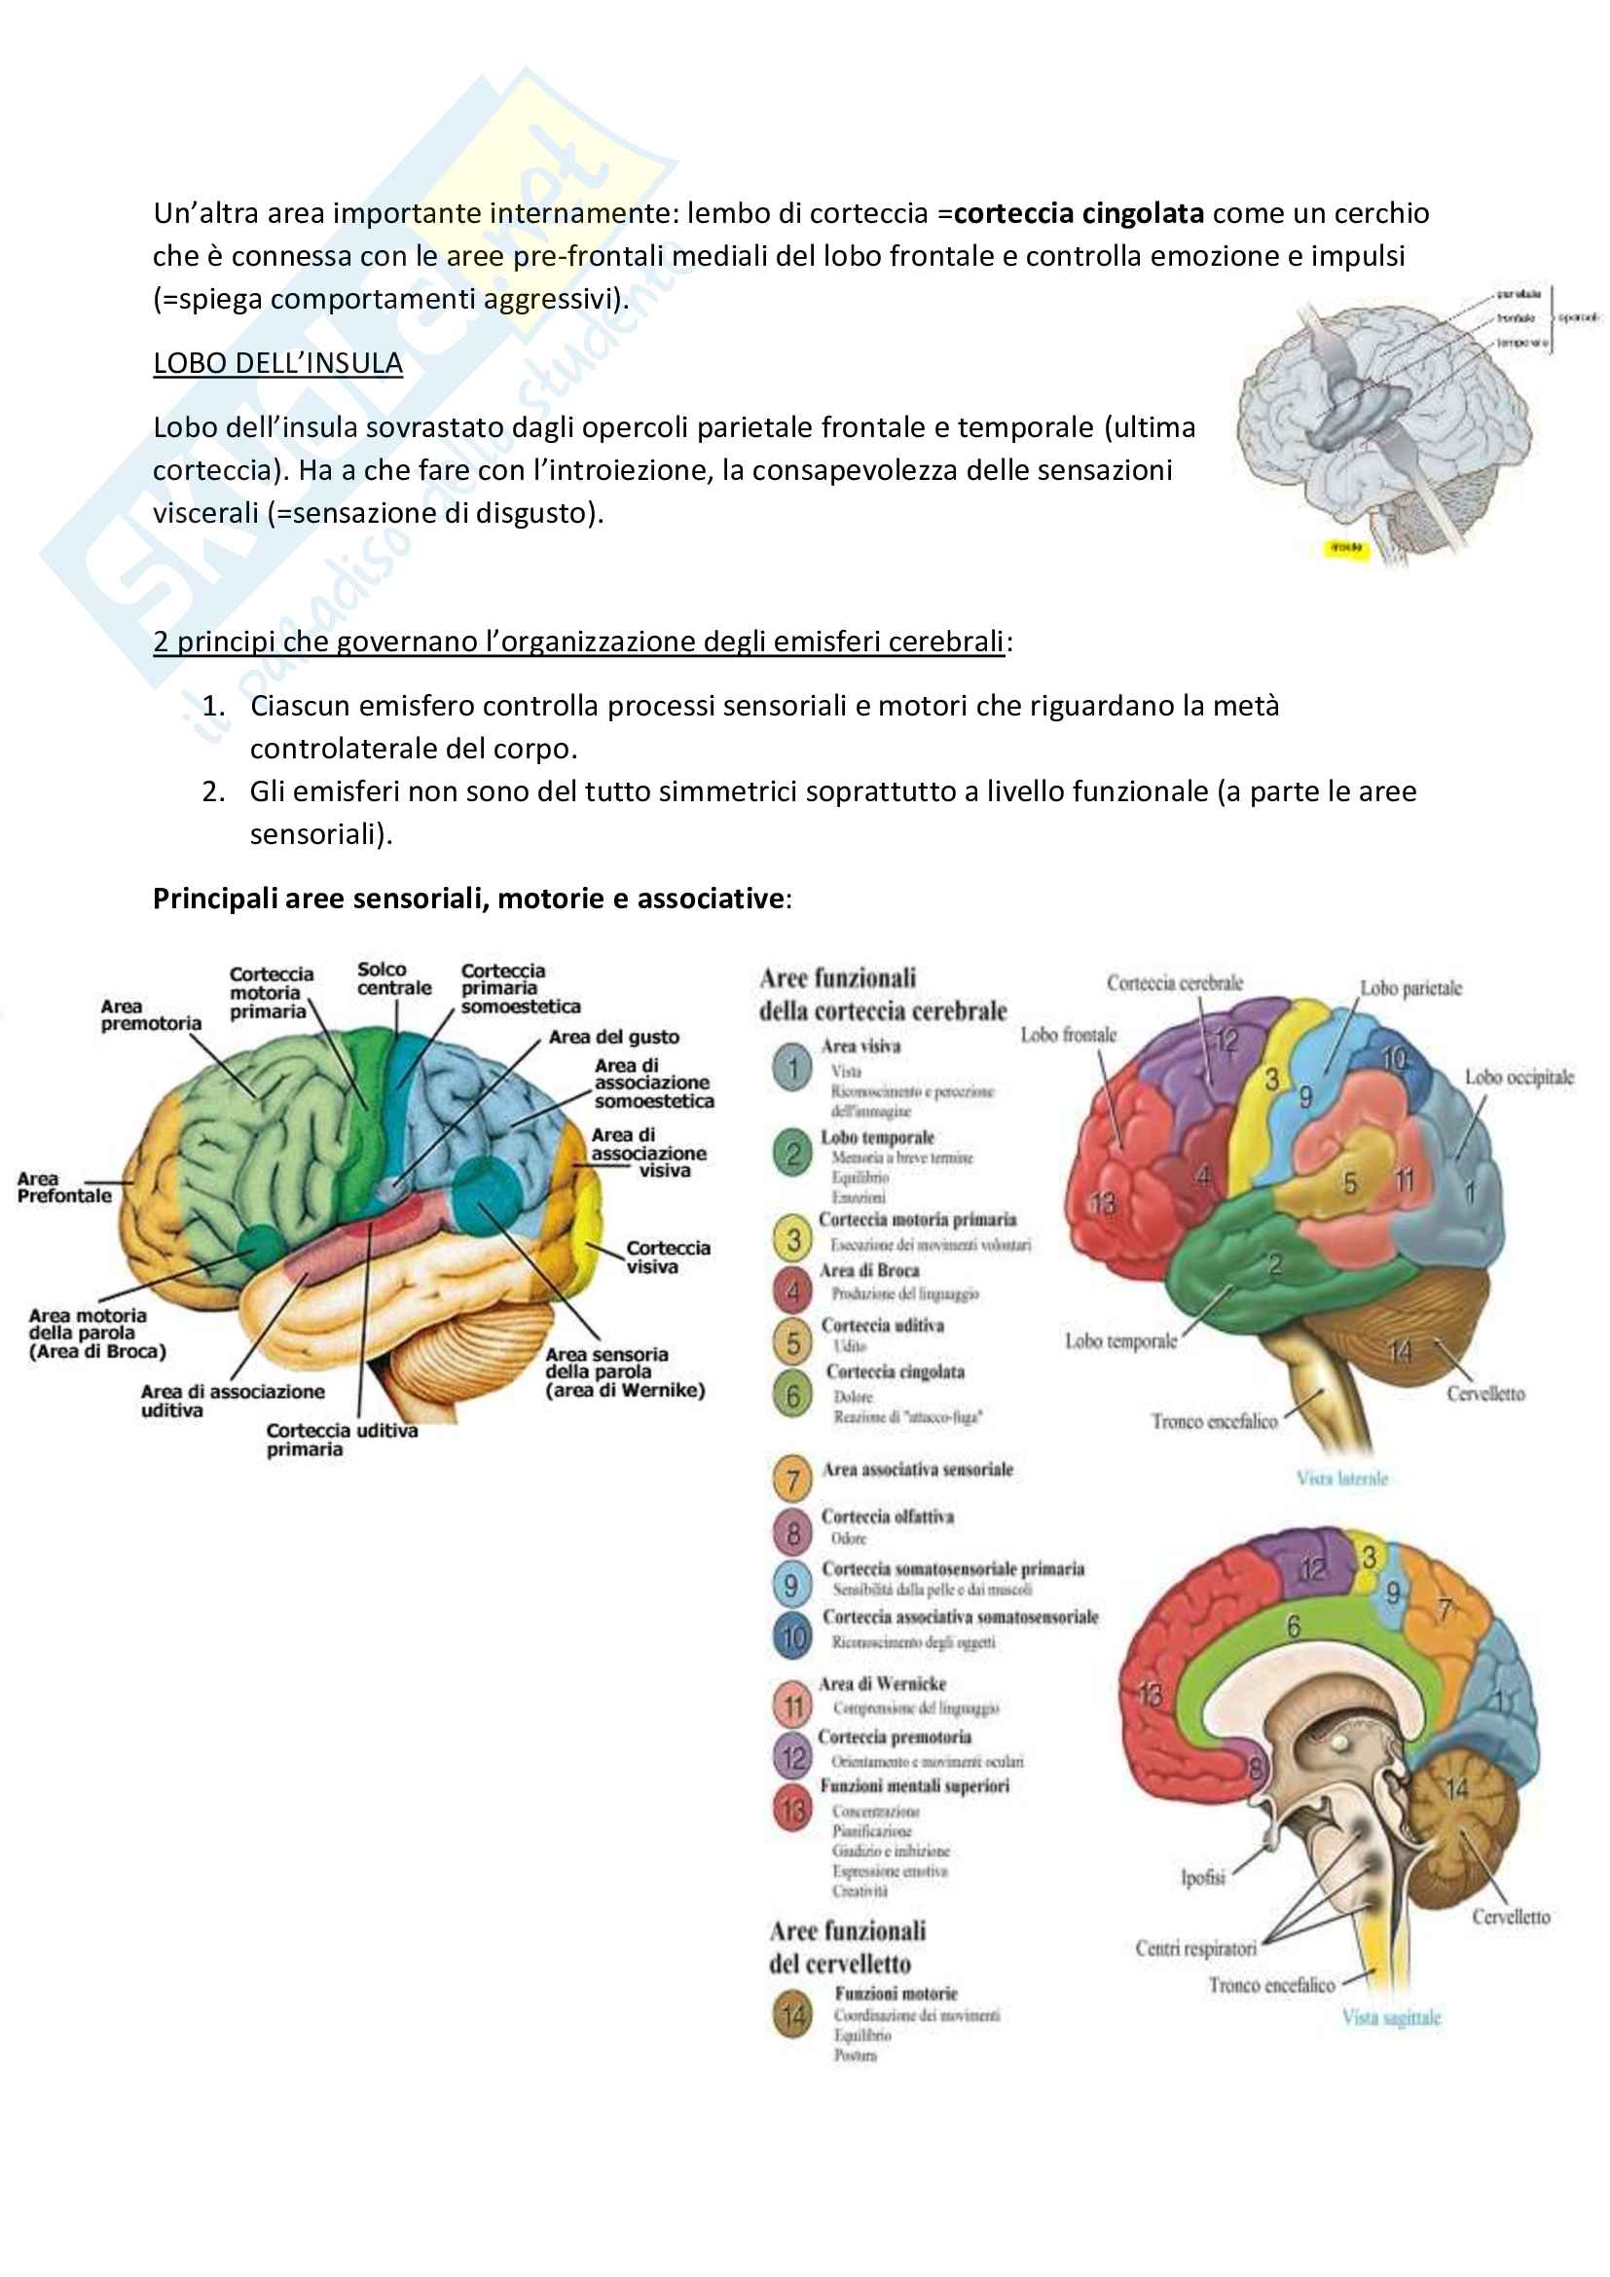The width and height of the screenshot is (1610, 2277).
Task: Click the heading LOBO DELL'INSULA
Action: (x=277, y=364)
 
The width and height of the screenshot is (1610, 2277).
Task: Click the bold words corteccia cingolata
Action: (x=1079, y=213)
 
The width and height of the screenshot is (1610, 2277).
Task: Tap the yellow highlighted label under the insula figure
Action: (x=1345, y=547)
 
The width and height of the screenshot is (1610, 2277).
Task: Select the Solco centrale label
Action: (x=393, y=978)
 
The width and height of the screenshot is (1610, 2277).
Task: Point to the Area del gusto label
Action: (x=613, y=1038)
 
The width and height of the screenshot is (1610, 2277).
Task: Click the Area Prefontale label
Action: (x=63, y=1187)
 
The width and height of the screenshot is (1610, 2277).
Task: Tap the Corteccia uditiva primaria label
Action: (x=341, y=1439)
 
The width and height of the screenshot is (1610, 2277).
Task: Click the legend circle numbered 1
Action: (x=792, y=1068)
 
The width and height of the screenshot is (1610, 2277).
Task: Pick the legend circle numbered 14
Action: (x=792, y=2016)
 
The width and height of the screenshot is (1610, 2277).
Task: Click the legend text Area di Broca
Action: (x=869, y=1270)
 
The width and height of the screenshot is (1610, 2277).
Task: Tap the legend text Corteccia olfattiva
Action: (x=888, y=1517)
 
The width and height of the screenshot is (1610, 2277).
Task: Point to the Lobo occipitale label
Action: (x=1519, y=1077)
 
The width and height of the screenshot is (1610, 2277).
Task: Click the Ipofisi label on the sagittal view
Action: (x=1202, y=1877)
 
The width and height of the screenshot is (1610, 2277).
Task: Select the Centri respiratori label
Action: (x=1195, y=1949)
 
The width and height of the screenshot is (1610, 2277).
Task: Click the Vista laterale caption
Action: (x=1342, y=1478)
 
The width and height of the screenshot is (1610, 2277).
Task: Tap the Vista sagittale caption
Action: (x=1391, y=2017)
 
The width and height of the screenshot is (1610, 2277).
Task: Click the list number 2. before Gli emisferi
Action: (x=213, y=791)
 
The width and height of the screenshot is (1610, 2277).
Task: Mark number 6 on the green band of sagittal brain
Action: (x=1293, y=1627)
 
